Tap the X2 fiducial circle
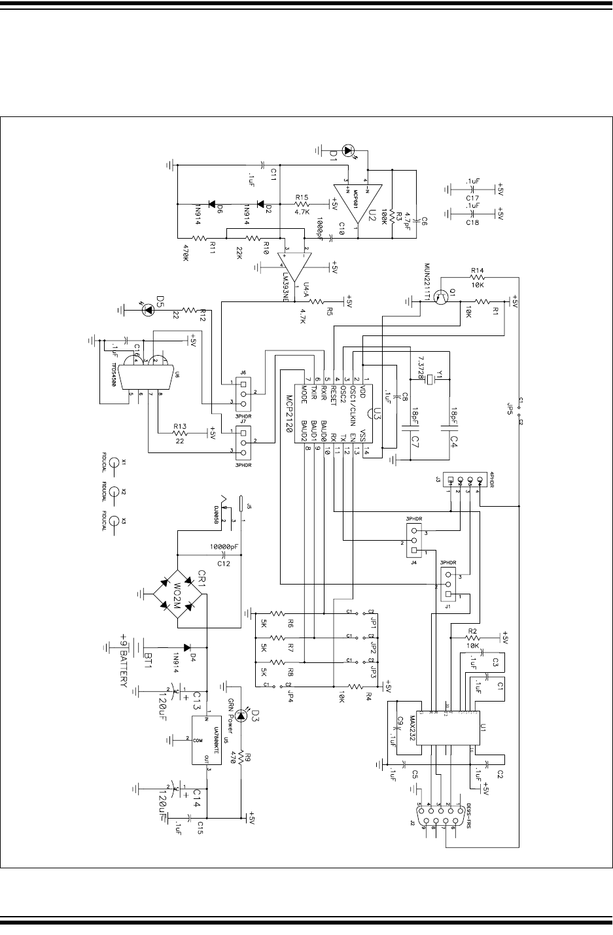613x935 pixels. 114,491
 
